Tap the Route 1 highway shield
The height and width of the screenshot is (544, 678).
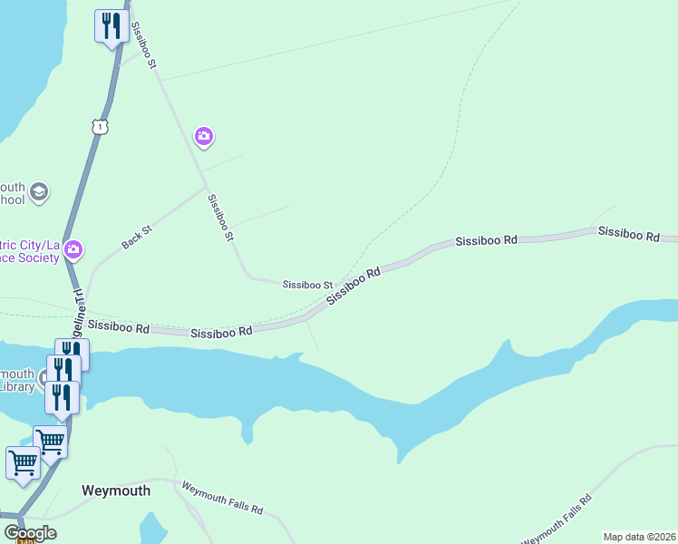point(100,126)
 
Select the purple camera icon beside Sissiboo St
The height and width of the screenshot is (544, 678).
point(204,137)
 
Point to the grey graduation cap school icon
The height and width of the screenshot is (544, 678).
point(39,191)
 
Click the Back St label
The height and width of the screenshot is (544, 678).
point(137,237)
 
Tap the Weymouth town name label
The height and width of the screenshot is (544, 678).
point(116,491)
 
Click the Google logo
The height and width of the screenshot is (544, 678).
point(30,533)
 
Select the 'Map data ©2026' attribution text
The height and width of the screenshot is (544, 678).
point(639,537)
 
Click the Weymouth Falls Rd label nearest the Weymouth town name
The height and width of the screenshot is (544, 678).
point(222,498)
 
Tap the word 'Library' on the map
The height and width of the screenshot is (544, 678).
point(17,386)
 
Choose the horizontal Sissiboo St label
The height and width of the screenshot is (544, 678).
point(307,285)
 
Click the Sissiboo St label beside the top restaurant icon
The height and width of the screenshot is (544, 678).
point(144,45)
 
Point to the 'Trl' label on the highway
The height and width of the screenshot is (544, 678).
point(77,296)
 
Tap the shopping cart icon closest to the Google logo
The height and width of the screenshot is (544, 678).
point(23,462)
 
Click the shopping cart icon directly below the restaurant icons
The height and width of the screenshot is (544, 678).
point(51,442)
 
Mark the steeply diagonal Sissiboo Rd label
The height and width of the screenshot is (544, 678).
point(353,284)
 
